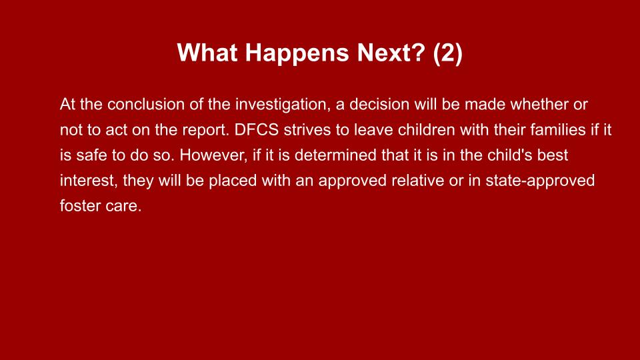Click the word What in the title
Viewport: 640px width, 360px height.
pyautogui.click(x=207, y=53)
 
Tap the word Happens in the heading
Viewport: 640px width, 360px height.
pyautogui.click(x=297, y=53)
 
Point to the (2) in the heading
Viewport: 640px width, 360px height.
pyautogui.click(x=448, y=53)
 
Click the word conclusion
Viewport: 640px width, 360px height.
pyautogui.click(x=146, y=104)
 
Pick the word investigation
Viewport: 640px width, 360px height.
pyautogui.click(x=282, y=105)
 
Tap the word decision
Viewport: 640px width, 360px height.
pyautogui.click(x=379, y=104)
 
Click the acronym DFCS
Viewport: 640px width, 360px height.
pyautogui.click(x=256, y=130)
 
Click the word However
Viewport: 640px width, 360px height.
pyautogui.click(x=213, y=155)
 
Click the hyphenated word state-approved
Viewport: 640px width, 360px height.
pyautogui.click(x=540, y=181)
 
